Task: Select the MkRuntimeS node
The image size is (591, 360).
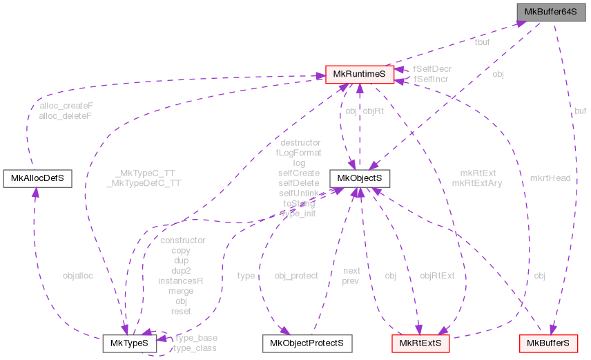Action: pyautogui.click(x=359, y=74)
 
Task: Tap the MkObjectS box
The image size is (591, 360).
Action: pyautogui.click(x=359, y=179)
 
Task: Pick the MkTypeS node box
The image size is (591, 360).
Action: pyautogui.click(x=129, y=343)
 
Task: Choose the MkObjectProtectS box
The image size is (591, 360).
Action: pyautogui.click(x=307, y=343)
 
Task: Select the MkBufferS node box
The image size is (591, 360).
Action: pyautogui.click(x=548, y=343)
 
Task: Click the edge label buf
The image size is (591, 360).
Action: pyautogui.click(x=580, y=110)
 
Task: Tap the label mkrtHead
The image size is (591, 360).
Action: pyautogui.click(x=550, y=178)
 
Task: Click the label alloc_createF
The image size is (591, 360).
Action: pyautogui.click(x=66, y=106)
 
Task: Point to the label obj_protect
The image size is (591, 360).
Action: pyautogui.click(x=296, y=276)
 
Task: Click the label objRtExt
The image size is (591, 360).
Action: pyautogui.click(x=437, y=276)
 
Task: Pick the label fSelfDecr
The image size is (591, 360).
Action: pyautogui.click(x=432, y=69)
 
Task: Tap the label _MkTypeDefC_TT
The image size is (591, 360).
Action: pyautogui.click(x=144, y=184)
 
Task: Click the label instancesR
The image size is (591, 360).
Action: pyautogui.click(x=181, y=281)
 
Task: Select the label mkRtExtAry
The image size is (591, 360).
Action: pyautogui.click(x=476, y=183)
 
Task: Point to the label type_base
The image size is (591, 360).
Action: pyautogui.click(x=196, y=338)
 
